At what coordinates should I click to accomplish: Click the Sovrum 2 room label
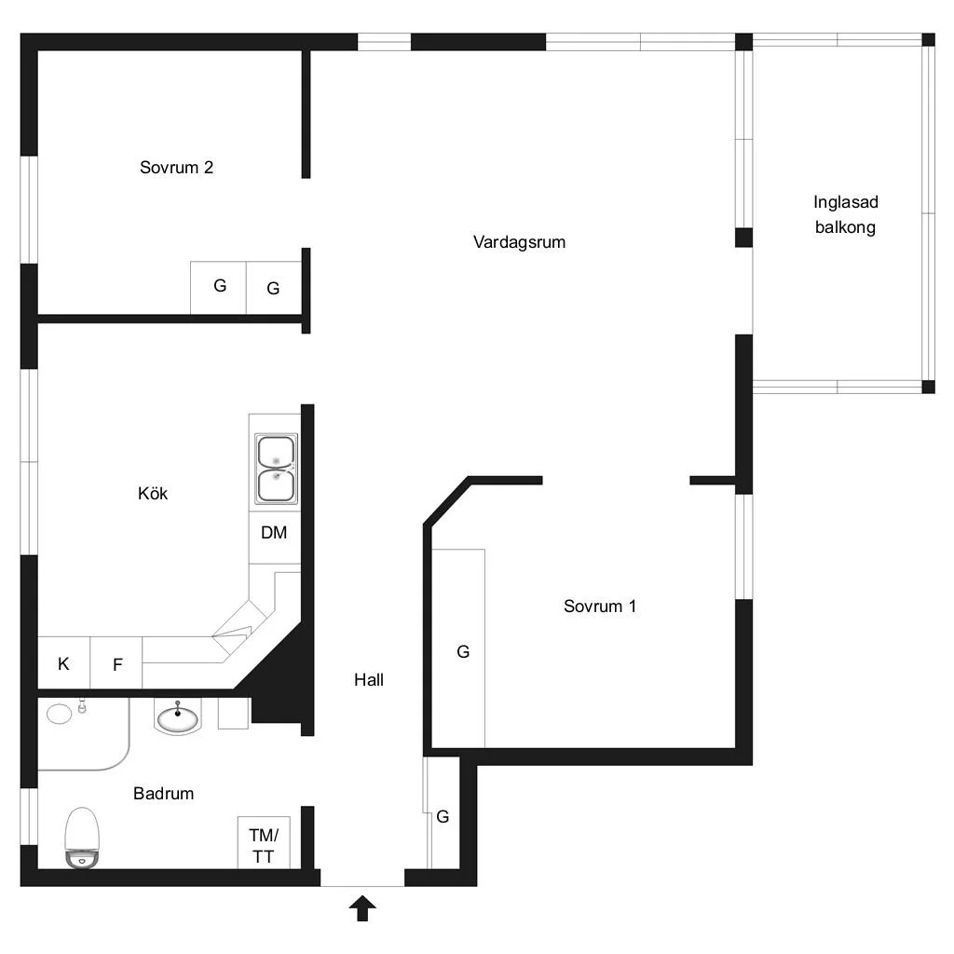point(176,168)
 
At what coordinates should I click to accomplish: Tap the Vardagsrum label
point(519,242)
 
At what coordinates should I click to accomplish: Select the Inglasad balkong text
point(846,214)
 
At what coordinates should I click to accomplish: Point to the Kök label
point(153,493)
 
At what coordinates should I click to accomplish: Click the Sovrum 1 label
point(600,606)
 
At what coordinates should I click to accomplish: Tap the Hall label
point(369,679)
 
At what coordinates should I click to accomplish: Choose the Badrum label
point(164,794)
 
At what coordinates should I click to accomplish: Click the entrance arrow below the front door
point(362,908)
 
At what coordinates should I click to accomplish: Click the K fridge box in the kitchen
point(64,662)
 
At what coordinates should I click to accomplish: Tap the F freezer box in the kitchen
point(116,662)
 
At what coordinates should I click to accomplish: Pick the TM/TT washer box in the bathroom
point(264,842)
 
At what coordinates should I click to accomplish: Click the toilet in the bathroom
point(82,838)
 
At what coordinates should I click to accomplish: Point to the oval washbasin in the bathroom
point(178,718)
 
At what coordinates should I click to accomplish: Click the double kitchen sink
point(276,469)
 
